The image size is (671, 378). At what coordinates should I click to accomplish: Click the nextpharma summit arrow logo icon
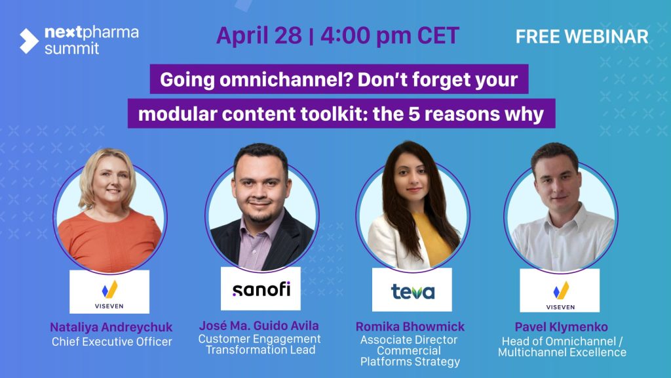tap(29, 41)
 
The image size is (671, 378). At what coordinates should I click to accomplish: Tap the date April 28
tap(259, 35)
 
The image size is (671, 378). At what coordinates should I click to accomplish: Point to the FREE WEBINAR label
tap(582, 37)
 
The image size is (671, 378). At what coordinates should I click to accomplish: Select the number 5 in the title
tap(414, 114)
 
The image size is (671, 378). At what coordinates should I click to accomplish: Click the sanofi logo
tap(261, 289)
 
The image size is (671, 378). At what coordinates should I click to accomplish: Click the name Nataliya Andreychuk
tap(111, 327)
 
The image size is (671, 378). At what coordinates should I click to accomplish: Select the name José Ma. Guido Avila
tap(259, 325)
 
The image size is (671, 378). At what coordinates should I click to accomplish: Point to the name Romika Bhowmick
tap(410, 327)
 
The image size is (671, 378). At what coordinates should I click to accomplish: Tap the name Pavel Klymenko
tap(561, 327)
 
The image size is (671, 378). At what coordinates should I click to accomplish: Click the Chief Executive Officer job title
tap(111, 342)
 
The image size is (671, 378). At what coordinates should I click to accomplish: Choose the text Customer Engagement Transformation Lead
tap(259, 345)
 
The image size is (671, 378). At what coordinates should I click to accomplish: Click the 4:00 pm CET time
tap(389, 35)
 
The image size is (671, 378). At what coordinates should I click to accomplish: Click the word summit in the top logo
tap(72, 49)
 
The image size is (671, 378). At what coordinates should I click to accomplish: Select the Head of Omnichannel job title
tap(562, 347)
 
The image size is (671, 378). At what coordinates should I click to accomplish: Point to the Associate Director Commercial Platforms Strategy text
tap(410, 351)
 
